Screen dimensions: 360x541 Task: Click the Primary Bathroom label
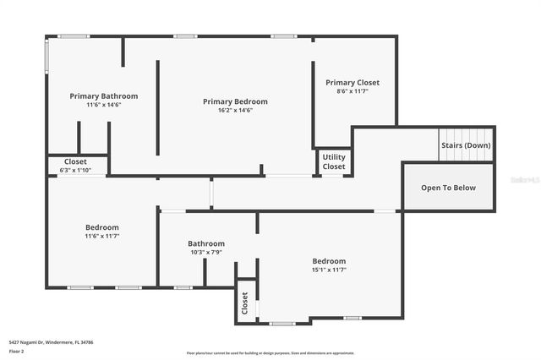pyautogui.click(x=103, y=96)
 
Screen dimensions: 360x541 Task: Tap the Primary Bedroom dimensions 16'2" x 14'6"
pyautogui.click(x=235, y=110)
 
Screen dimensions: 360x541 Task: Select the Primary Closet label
pyautogui.click(x=352, y=83)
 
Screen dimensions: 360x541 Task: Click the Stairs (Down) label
pyautogui.click(x=466, y=145)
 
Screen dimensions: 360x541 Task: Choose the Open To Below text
pyautogui.click(x=448, y=188)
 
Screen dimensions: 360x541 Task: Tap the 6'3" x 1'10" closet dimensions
pyautogui.click(x=75, y=170)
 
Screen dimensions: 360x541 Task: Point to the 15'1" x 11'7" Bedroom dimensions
pyautogui.click(x=329, y=270)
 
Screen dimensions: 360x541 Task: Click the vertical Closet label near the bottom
pyautogui.click(x=245, y=303)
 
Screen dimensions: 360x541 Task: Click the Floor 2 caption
pyautogui.click(x=17, y=351)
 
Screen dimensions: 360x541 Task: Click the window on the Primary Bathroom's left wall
pyautogui.click(x=47, y=55)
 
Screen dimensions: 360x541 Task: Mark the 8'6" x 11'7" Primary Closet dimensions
pyautogui.click(x=352, y=90)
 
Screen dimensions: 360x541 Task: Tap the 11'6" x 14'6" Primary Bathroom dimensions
pyautogui.click(x=103, y=105)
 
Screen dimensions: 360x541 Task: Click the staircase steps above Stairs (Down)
pyautogui.click(x=465, y=134)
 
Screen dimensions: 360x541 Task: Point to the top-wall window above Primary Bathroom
pyautogui.click(x=74, y=36)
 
